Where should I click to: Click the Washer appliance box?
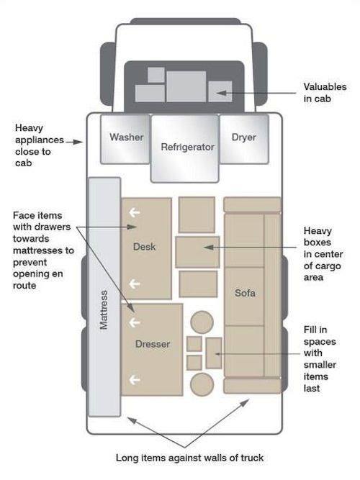pos(125,139)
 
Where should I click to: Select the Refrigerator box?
pos(185,148)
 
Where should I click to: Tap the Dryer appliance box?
pos(244,139)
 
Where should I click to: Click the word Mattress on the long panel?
pos(104,309)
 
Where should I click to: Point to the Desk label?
pos(144,246)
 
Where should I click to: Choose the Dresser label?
pos(152,344)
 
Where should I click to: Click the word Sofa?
pos(245,293)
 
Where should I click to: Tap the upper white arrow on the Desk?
pos(135,212)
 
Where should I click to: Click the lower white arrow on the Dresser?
pos(135,380)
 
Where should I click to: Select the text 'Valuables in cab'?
pos(325,92)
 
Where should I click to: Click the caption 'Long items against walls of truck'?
pos(189,458)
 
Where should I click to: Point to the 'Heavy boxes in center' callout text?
pos(323,254)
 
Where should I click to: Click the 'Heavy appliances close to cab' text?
pos(39,145)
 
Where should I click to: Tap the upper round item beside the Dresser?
pos(202,322)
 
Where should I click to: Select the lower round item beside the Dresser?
pos(202,384)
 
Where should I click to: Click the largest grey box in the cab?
pos(186,86)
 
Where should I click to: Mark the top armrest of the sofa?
pos(252,204)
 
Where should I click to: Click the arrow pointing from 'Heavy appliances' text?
pos(74,142)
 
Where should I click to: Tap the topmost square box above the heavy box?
pos(197,215)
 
